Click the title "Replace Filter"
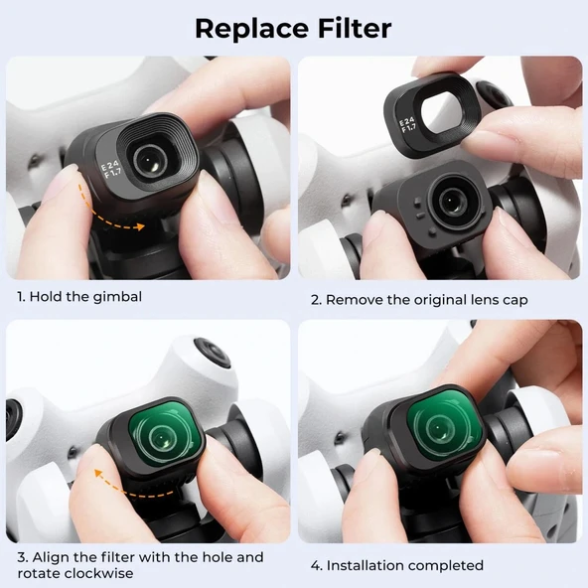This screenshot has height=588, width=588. [293, 28]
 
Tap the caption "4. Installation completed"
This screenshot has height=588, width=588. [396, 565]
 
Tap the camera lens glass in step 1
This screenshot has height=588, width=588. [152, 155]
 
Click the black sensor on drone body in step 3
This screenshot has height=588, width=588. [212, 353]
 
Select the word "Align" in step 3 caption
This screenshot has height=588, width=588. [53, 557]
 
